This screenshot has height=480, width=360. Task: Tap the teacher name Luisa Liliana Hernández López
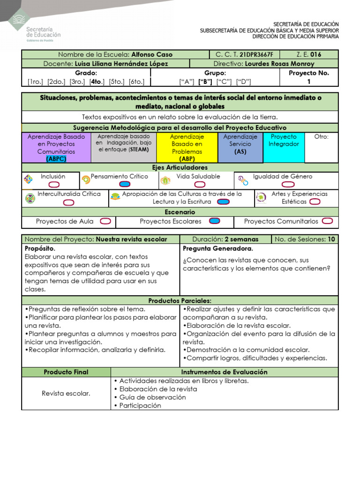(121, 63)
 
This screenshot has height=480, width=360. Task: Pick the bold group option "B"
(205, 82)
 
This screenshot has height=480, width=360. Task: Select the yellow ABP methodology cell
(187, 147)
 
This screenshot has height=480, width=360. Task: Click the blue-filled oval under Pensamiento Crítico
(125, 184)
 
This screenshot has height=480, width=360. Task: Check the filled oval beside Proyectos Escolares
(214, 221)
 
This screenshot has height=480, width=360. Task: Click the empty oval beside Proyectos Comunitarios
(328, 221)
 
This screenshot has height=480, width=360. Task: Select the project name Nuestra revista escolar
(131, 239)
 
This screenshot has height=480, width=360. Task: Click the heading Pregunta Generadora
(217, 248)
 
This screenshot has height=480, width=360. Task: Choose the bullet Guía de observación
(146, 397)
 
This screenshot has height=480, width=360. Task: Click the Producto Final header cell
(66, 372)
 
